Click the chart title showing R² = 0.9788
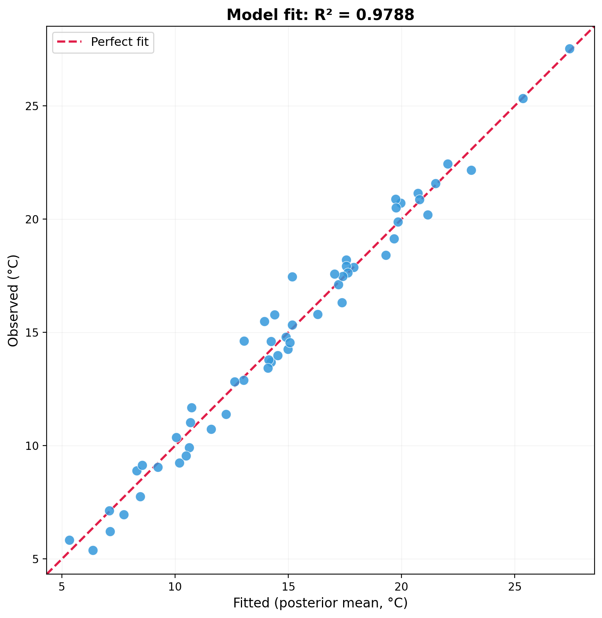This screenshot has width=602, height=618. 320,15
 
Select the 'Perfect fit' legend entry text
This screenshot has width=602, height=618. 119,42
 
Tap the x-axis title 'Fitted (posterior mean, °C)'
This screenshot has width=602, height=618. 320,603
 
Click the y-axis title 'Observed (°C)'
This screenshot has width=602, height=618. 13,301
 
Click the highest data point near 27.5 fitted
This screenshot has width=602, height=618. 569,49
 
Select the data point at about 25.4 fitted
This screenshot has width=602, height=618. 523,98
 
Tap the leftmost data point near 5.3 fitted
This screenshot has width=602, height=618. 69,540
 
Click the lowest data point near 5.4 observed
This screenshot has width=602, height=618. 93,550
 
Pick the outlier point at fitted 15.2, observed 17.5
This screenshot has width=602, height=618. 292,277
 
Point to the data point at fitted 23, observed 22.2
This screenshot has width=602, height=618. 471,170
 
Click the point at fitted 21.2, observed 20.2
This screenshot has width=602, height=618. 428,215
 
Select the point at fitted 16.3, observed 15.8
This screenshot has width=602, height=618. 318,314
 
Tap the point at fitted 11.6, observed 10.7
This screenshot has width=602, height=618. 211,429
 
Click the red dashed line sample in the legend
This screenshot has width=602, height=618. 69,42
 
